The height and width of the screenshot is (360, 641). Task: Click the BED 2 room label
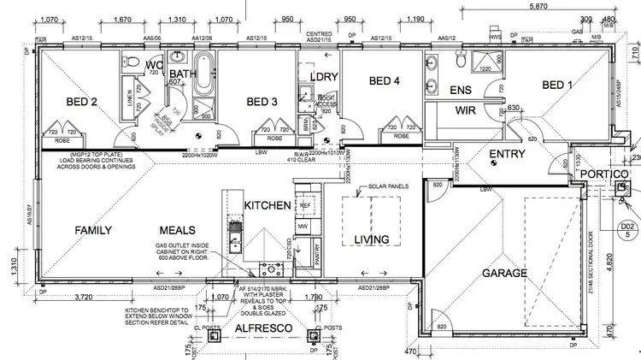tap(82, 103)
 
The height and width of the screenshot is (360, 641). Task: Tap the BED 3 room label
tap(262, 103)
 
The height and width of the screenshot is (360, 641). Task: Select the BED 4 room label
tap(385, 82)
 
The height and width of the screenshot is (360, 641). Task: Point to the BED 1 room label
tap(559, 85)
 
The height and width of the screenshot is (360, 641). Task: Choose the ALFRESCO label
tap(266, 328)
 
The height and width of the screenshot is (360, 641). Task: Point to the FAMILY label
tap(94, 230)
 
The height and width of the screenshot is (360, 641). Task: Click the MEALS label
tap(178, 230)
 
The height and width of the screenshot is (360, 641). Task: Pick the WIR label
tap(465, 110)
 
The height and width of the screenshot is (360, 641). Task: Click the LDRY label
tap(326, 77)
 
